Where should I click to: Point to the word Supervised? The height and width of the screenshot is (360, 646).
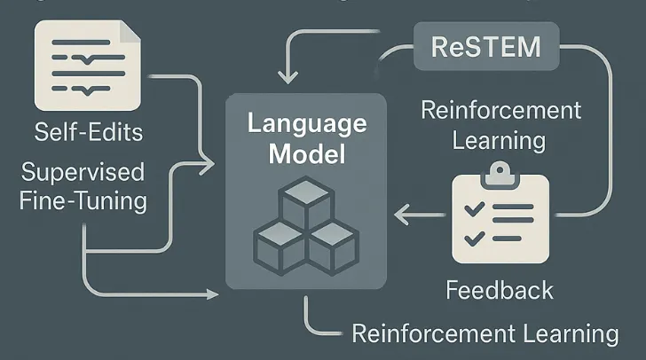(83, 171)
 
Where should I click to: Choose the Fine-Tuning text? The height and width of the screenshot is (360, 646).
(83, 200)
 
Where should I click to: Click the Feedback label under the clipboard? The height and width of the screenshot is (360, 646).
(499, 290)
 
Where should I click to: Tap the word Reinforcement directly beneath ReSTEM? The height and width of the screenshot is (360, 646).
(501, 111)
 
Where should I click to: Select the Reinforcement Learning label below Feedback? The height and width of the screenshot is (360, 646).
(484, 333)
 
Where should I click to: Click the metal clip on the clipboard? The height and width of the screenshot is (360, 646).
(500, 171)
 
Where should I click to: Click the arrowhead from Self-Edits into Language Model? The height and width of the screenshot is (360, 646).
(209, 162)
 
